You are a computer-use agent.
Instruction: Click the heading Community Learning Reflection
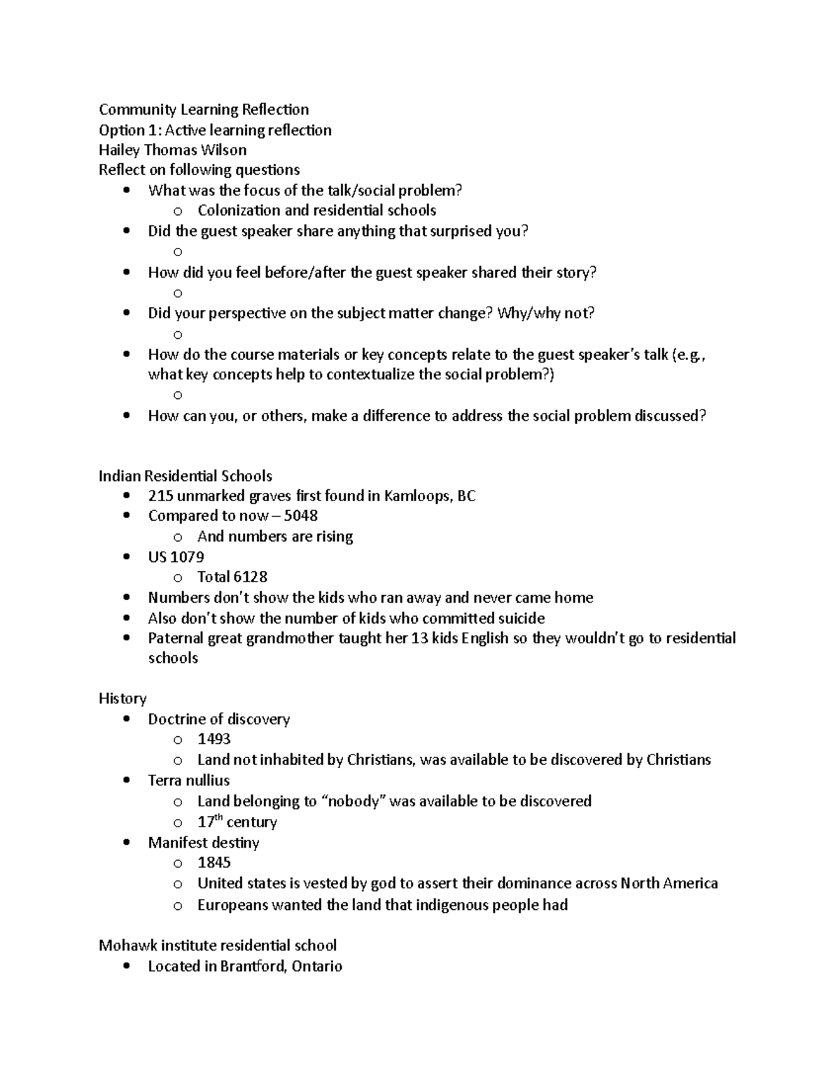point(204,109)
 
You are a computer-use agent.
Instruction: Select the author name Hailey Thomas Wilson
point(172,150)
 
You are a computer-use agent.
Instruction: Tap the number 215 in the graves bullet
point(160,496)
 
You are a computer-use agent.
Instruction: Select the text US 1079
point(176,557)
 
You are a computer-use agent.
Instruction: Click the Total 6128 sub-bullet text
point(232,577)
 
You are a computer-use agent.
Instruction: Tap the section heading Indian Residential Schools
point(185,476)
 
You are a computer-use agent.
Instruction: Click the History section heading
point(122,699)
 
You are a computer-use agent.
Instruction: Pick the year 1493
point(214,739)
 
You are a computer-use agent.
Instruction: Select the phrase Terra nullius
point(188,780)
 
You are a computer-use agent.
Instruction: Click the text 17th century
point(237,822)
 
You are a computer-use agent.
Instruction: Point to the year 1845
point(214,862)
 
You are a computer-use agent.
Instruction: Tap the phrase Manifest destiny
point(203,843)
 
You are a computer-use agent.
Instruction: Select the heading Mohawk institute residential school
point(218,946)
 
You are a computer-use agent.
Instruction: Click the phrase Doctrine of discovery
point(218,720)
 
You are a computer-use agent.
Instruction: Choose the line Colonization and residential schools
point(316,211)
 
